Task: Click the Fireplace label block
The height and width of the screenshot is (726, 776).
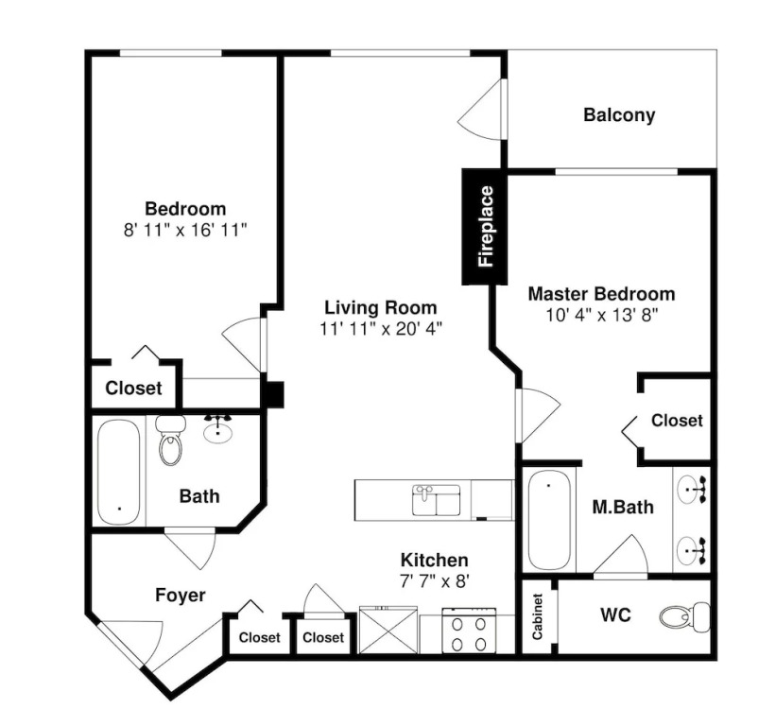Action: tap(485, 226)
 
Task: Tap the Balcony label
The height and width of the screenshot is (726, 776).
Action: tap(619, 114)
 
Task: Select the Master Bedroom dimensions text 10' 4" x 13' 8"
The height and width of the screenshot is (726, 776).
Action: tap(601, 315)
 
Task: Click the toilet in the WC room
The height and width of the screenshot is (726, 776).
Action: tap(685, 616)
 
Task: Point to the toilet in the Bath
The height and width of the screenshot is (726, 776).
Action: tap(171, 440)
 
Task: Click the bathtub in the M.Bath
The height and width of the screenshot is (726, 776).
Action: tap(549, 520)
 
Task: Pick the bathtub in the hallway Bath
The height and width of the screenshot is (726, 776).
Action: tap(119, 472)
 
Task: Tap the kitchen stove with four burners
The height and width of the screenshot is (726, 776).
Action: tap(469, 631)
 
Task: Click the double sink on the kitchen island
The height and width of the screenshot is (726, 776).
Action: tap(436, 500)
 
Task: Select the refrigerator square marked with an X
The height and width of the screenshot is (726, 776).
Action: tap(388, 630)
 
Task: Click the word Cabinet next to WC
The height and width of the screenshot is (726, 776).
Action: tap(538, 616)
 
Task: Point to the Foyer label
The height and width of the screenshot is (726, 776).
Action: tap(181, 595)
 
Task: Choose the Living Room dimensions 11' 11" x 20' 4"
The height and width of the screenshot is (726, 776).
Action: tap(380, 329)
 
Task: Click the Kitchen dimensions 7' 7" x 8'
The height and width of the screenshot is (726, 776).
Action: tap(434, 581)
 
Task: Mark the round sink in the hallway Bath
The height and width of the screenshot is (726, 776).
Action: tap(217, 429)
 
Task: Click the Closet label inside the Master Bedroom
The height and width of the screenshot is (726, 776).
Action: tap(677, 421)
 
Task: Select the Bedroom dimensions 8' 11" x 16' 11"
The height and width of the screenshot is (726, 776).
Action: tap(185, 230)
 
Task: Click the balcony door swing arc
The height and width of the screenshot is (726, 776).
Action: tap(477, 109)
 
